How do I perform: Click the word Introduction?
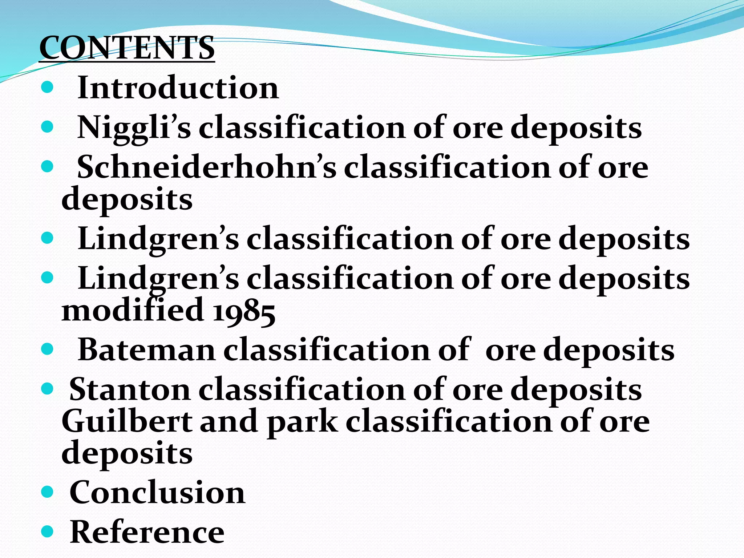click(x=178, y=88)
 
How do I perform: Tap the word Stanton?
click(x=130, y=390)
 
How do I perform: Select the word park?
click(x=302, y=422)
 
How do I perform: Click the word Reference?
click(x=147, y=532)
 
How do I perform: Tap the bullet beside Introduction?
click(x=47, y=88)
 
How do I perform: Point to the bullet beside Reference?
click(x=47, y=532)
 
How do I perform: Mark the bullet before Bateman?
click(x=47, y=350)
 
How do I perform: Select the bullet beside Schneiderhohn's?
click(x=47, y=167)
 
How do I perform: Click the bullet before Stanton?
click(x=47, y=390)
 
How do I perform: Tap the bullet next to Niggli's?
click(x=47, y=128)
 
